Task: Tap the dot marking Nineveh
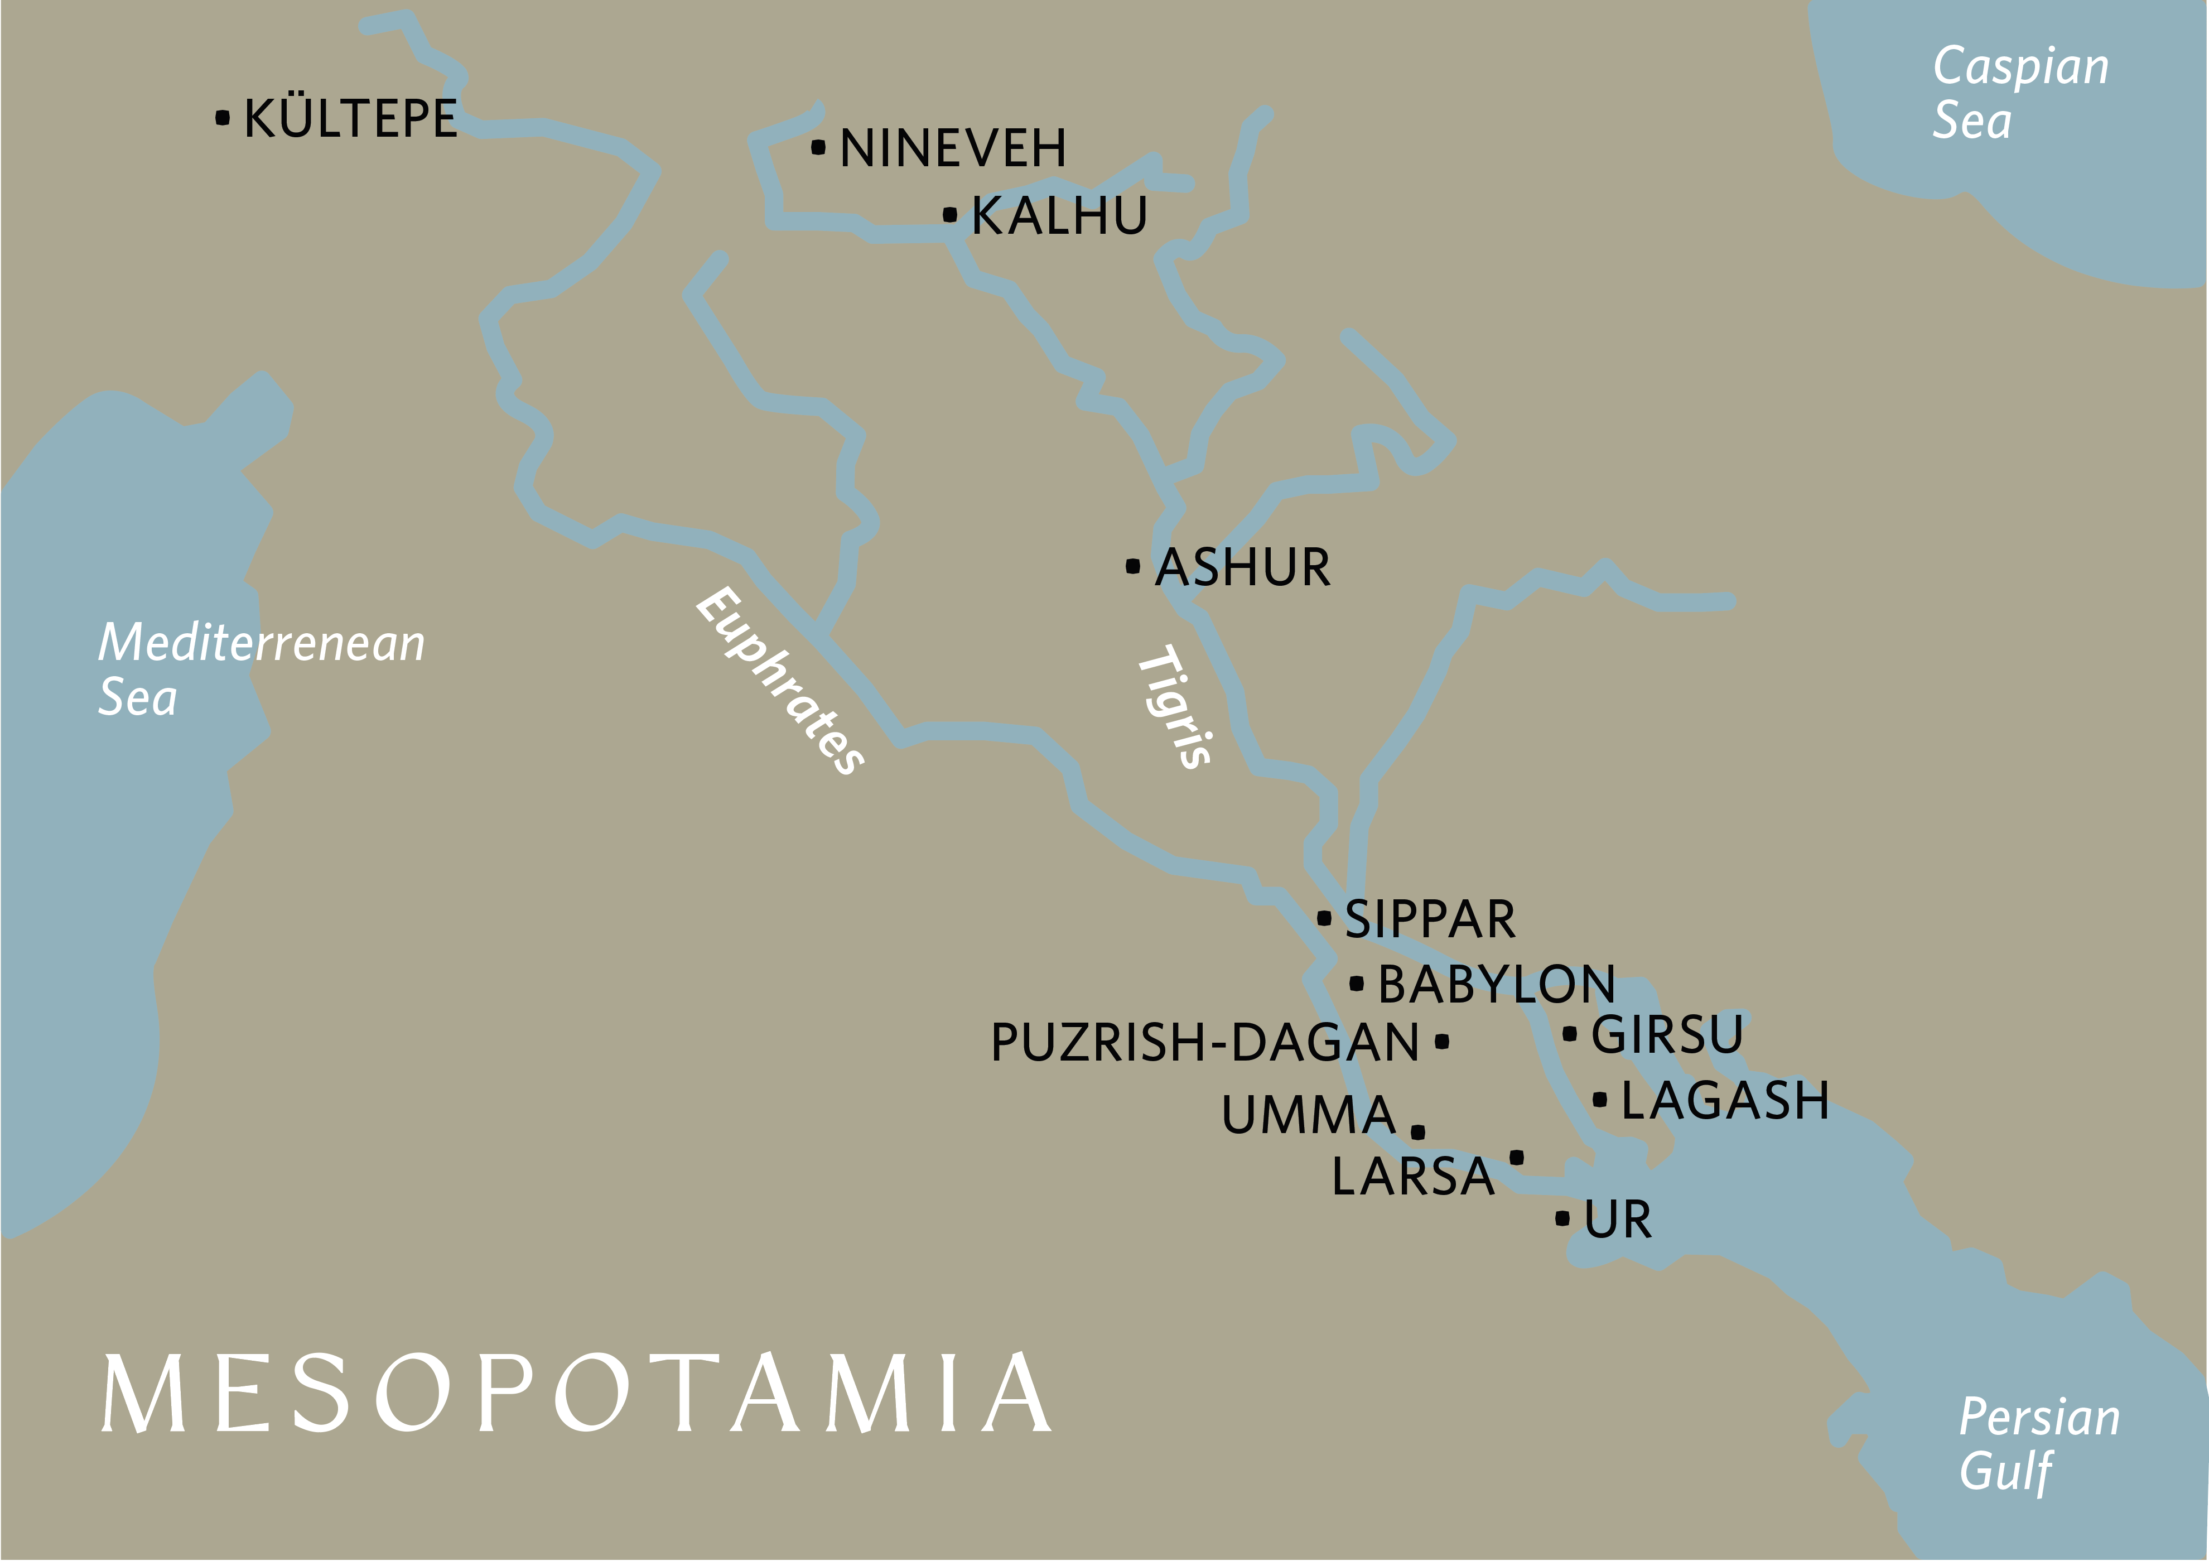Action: tap(818, 147)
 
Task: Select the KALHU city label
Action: tap(1059, 215)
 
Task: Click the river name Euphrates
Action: tap(779, 681)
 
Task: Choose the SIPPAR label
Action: tap(1430, 919)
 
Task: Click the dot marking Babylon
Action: tap(1357, 984)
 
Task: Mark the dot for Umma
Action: tap(1418, 1132)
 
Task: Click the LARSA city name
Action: tap(1412, 1176)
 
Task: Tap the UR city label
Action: tap(1618, 1220)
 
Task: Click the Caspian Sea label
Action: tap(2020, 93)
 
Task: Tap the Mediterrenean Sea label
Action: tap(260, 669)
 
